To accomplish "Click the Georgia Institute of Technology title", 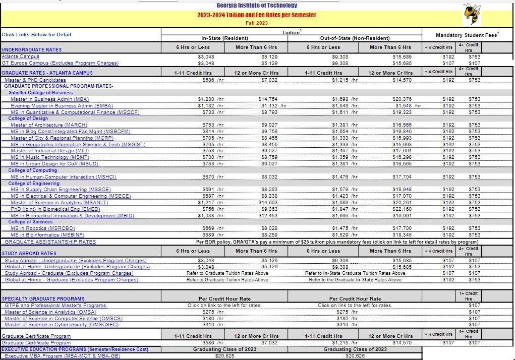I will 257,6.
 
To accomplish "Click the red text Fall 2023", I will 257,23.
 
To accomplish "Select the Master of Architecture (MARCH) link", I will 49,125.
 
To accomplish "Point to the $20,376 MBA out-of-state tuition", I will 402,99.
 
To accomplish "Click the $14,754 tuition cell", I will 268,99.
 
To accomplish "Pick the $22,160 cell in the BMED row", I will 402,209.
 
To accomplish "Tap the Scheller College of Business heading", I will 41,93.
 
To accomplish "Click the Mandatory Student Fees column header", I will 467,35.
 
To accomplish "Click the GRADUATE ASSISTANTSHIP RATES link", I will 50,242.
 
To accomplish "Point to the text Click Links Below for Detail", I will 36,35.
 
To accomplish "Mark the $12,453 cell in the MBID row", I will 268,216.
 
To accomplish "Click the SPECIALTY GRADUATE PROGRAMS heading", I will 43,299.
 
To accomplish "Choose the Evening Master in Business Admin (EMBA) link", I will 62,106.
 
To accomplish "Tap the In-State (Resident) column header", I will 224,38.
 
